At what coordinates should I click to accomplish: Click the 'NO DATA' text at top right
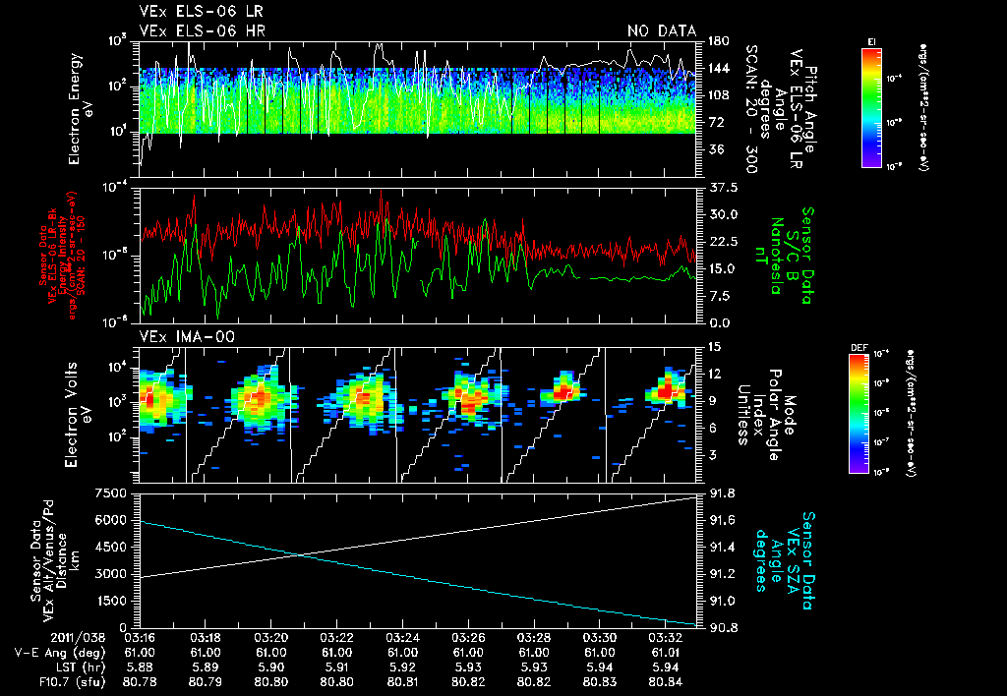pos(661,30)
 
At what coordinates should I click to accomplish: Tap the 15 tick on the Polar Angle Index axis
pos(714,347)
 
